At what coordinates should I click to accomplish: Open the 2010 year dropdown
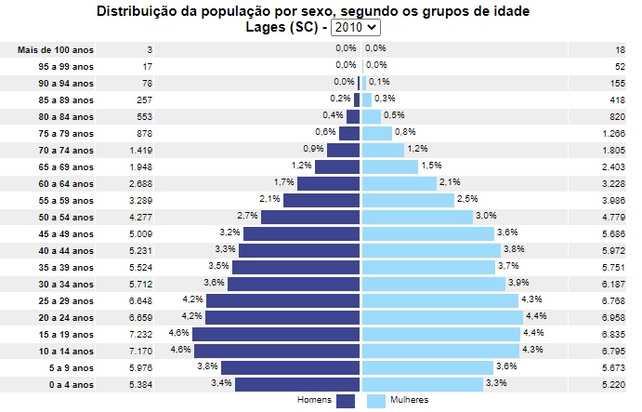[362, 28]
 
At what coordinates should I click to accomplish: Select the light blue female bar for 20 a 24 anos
[440, 316]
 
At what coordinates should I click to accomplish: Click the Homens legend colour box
[346, 401]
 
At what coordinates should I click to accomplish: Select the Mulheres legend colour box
[375, 401]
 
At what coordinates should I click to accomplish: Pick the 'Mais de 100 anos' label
[56, 48]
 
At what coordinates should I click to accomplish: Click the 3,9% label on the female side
[518, 283]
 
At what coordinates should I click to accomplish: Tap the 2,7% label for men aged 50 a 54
[249, 216]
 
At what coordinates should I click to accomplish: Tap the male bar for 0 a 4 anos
[297, 383]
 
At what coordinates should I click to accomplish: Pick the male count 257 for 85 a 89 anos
[144, 99]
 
